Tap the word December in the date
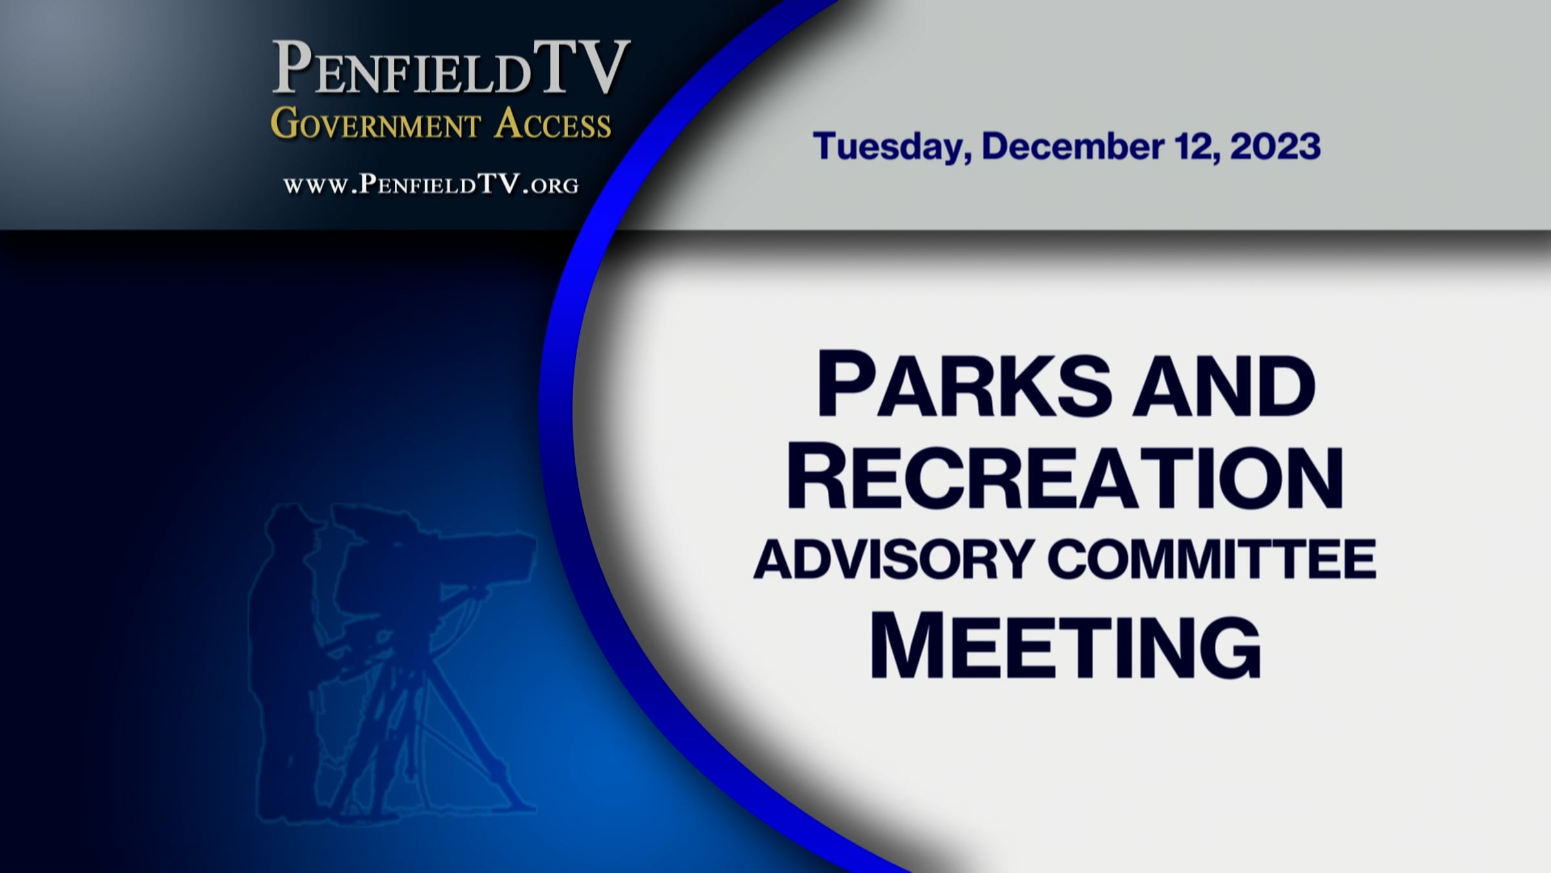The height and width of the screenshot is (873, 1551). coord(1073,146)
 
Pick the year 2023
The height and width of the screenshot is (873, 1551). coord(1275,146)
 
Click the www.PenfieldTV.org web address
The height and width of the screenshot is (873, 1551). coord(431,185)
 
